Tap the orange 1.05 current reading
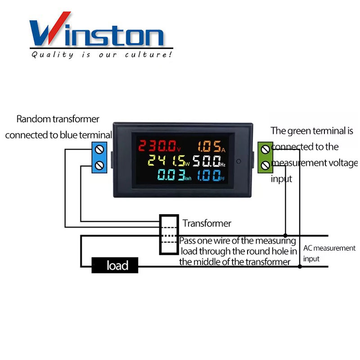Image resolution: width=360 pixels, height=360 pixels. (x=211, y=146)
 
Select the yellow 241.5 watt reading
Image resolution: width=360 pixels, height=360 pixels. (x=168, y=161)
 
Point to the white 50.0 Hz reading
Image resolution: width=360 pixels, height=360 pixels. (x=209, y=161)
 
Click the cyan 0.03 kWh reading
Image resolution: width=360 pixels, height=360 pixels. (x=174, y=175)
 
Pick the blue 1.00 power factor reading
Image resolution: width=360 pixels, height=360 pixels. (x=211, y=175)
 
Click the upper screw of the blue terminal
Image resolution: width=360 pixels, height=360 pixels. (x=99, y=149)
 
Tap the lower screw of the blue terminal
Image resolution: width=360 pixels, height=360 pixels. (x=99, y=165)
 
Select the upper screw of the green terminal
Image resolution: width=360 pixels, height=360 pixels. (x=265, y=149)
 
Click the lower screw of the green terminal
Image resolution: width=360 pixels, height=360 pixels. (x=265, y=165)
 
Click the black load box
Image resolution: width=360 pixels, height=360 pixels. (x=115, y=265)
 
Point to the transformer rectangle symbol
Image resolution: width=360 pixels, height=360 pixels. (x=169, y=234)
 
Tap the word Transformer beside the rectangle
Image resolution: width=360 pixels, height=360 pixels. (x=207, y=223)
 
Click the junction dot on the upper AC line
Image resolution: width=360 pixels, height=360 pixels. (x=285, y=235)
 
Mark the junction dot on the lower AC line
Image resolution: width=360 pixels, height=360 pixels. (x=300, y=266)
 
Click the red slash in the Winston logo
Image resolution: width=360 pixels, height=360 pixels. (x=59, y=27)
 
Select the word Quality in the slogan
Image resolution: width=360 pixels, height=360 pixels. (x=53, y=55)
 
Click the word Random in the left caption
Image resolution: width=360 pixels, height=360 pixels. (x=33, y=119)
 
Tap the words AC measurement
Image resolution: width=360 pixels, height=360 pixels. (x=329, y=248)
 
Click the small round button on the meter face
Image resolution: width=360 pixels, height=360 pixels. (x=238, y=161)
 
